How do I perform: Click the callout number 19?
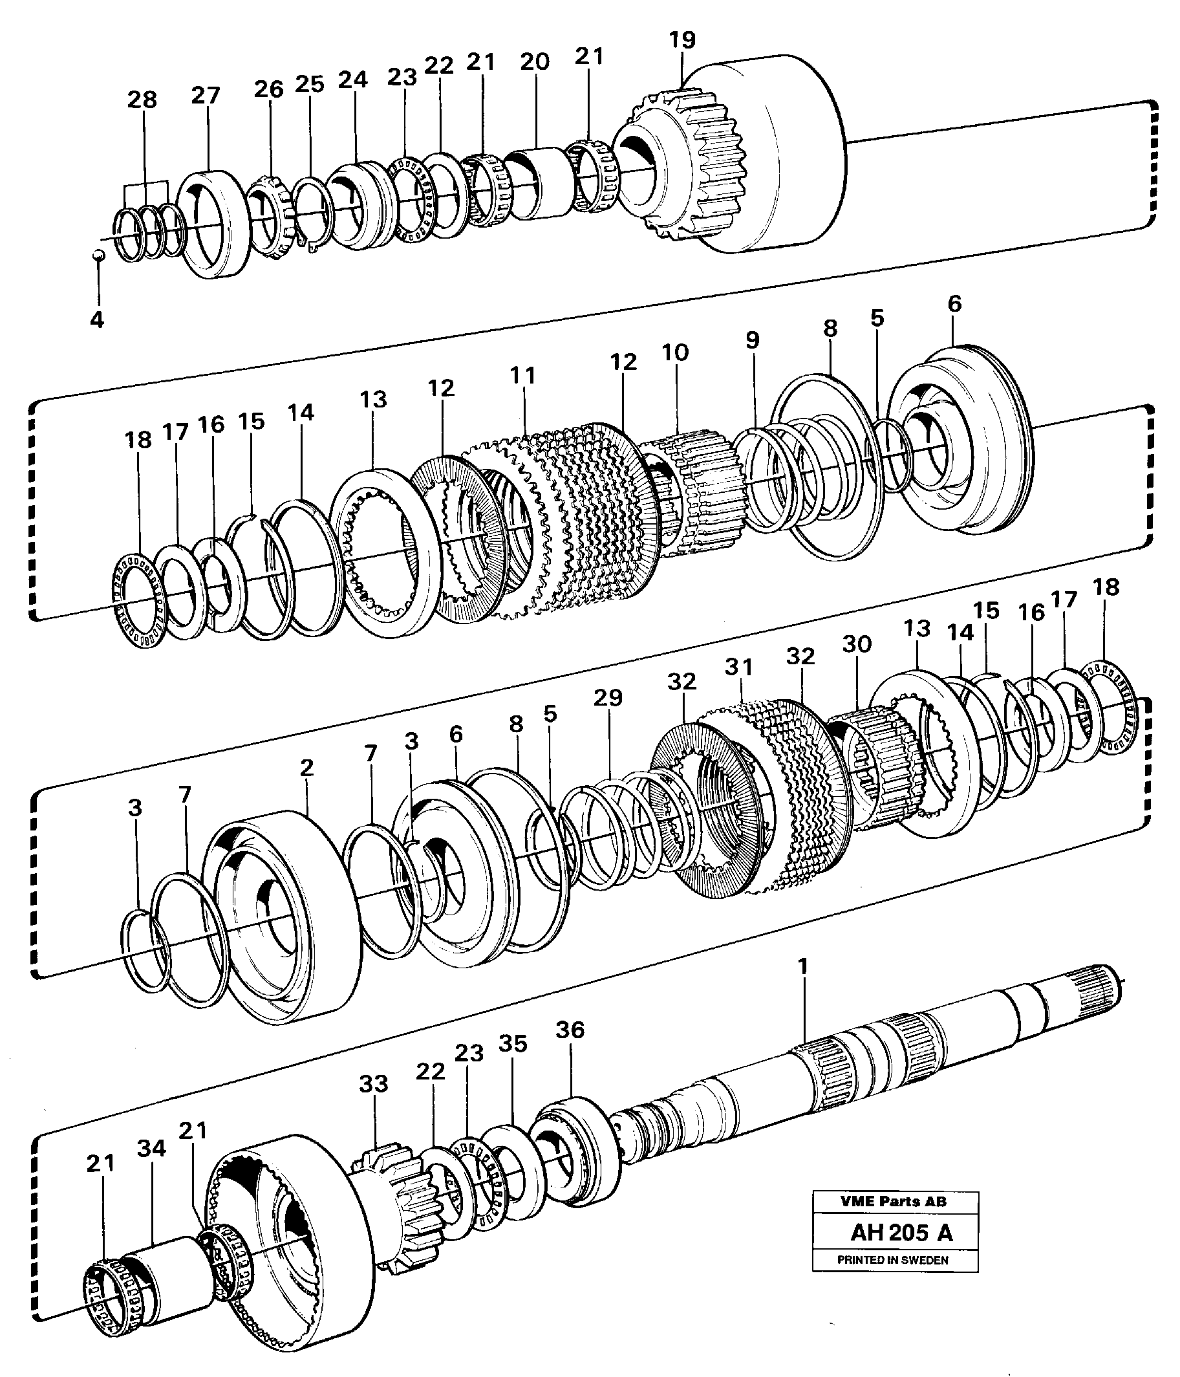pyautogui.click(x=681, y=40)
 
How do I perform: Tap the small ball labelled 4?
pyautogui.click(x=97, y=255)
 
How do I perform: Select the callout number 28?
pyautogui.click(x=142, y=100)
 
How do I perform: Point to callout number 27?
pyautogui.click(x=206, y=96)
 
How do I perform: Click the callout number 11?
pyautogui.click(x=522, y=376)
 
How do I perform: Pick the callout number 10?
pyautogui.click(x=675, y=353)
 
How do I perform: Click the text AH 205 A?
pyautogui.click(x=901, y=1233)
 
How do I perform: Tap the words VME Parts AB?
pyautogui.click(x=893, y=1201)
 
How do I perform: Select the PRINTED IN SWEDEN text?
pyautogui.click(x=893, y=1260)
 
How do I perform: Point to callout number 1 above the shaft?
pyautogui.click(x=803, y=966)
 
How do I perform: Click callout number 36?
pyautogui.click(x=570, y=1030)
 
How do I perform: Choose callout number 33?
pyautogui.click(x=374, y=1084)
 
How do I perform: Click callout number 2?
pyautogui.click(x=306, y=768)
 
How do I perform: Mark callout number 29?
pyautogui.click(x=608, y=698)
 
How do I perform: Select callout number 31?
pyautogui.click(x=739, y=667)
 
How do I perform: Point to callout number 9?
pyautogui.click(x=751, y=340)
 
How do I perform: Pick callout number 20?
pyautogui.click(x=535, y=62)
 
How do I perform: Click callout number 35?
pyautogui.click(x=512, y=1044)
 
